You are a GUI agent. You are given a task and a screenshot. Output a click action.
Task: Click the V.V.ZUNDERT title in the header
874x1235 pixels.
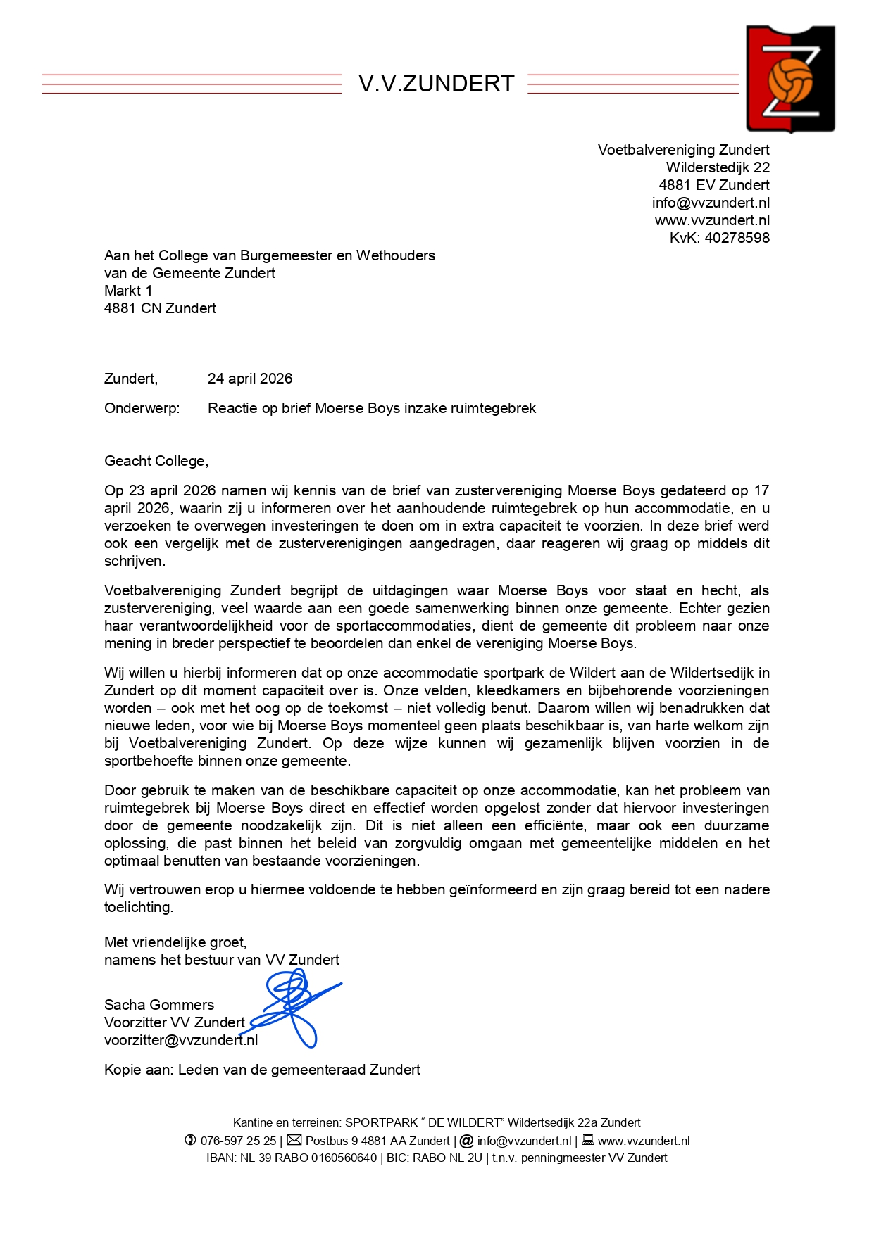(x=436, y=84)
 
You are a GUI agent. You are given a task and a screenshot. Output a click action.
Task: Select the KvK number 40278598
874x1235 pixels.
(x=737, y=238)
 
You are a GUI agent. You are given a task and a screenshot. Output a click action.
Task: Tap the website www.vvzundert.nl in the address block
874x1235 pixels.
(x=712, y=220)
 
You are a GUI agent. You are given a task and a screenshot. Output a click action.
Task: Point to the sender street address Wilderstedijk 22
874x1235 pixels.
(x=718, y=167)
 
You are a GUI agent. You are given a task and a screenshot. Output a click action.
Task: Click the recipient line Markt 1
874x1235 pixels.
(x=128, y=291)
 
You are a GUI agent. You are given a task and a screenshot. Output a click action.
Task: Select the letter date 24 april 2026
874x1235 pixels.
(x=250, y=379)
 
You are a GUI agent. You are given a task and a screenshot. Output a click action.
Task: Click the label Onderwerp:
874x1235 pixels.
(x=142, y=408)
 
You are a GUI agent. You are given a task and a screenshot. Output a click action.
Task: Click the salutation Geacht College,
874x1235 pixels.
(x=156, y=461)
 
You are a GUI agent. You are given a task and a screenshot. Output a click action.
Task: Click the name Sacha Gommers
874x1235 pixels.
(x=159, y=1005)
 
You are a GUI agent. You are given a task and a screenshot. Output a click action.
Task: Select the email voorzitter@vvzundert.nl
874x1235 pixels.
(x=181, y=1040)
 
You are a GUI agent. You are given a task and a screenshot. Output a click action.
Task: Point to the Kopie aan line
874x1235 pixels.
(x=262, y=1070)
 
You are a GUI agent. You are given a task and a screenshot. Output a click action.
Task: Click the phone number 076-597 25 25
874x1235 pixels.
(x=238, y=1141)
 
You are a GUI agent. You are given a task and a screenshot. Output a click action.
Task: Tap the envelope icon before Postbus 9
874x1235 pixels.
(x=294, y=1140)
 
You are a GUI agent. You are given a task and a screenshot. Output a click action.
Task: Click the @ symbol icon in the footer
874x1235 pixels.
(x=466, y=1141)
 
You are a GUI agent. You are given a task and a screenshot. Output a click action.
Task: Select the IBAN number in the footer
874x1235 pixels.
(x=308, y=1158)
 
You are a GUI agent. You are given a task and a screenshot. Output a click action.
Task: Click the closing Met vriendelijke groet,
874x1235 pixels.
(x=175, y=942)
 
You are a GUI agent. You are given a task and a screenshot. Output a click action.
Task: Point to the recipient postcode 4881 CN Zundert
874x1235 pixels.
(x=160, y=308)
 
